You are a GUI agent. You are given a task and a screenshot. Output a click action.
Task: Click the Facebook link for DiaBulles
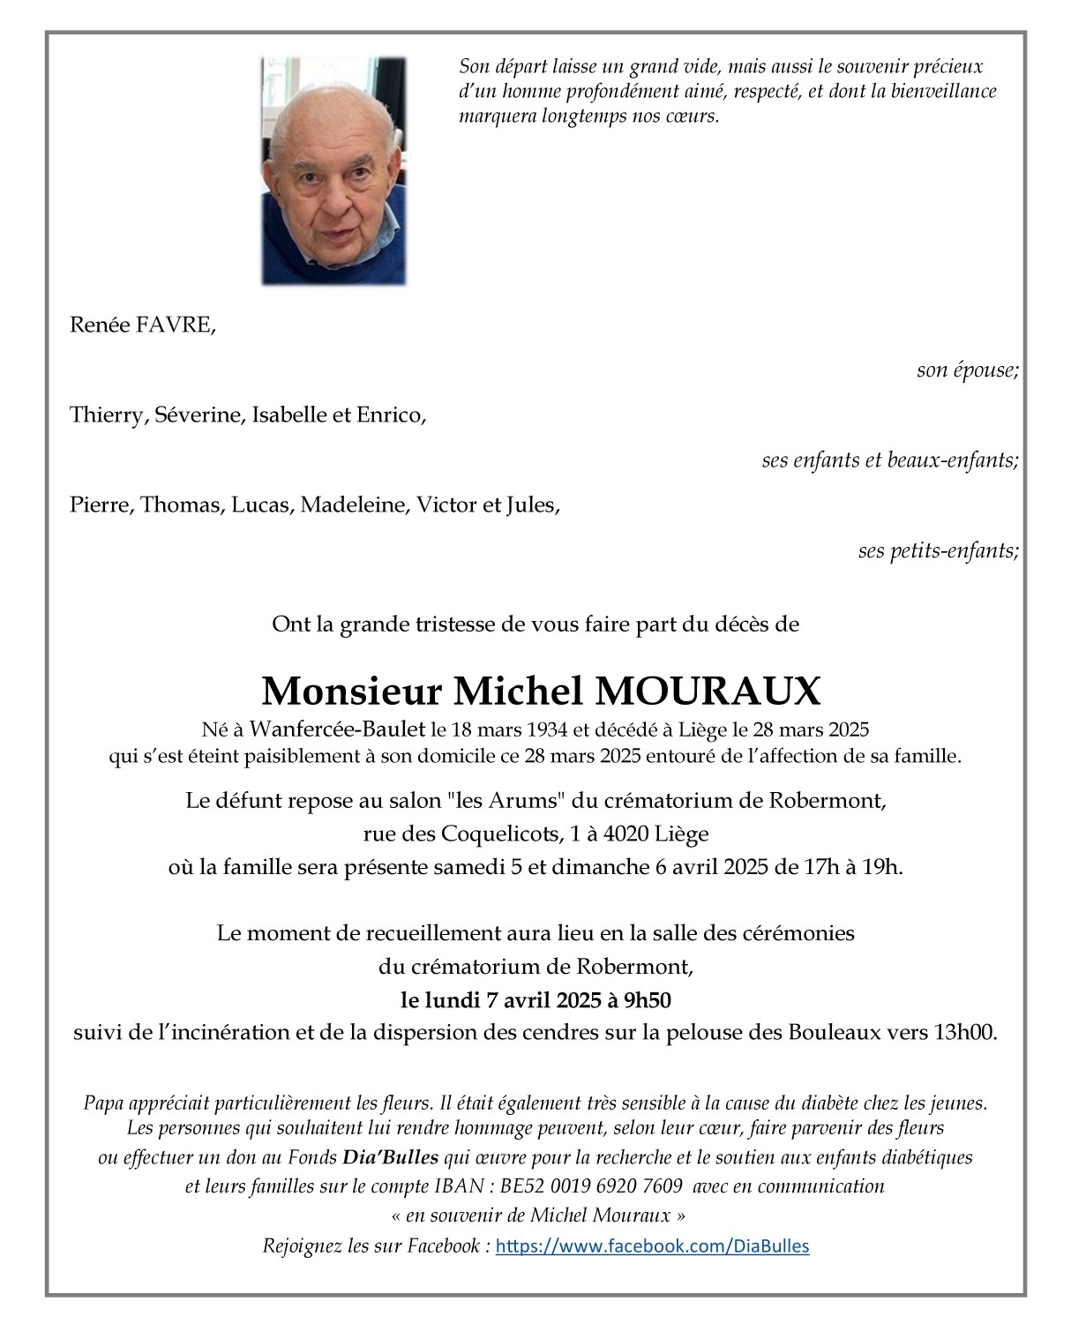coord(652,1245)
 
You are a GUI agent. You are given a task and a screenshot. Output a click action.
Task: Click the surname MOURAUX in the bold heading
coord(708,691)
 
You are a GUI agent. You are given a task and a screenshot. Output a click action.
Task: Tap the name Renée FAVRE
coord(142,325)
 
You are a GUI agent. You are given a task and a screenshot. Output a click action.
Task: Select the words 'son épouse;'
coord(967,370)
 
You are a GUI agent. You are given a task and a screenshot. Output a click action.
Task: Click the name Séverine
coord(199,415)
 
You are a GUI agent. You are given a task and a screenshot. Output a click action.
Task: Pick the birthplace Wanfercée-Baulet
coord(337,729)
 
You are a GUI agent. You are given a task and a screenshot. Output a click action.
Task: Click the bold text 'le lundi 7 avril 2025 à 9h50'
coord(535,999)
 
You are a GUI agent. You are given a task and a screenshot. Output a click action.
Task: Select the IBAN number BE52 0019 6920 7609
coord(591,1186)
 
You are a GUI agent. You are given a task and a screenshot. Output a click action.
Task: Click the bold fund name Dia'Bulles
coord(390,1157)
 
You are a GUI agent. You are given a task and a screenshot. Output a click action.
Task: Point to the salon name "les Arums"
coord(506,801)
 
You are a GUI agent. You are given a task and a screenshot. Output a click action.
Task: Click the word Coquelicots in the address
coord(498,834)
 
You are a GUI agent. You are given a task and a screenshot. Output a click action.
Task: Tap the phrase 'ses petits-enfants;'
coord(938,550)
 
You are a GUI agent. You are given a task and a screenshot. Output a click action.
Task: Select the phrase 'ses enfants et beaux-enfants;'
coord(889,460)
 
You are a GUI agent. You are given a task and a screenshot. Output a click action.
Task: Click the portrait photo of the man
coord(334,171)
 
